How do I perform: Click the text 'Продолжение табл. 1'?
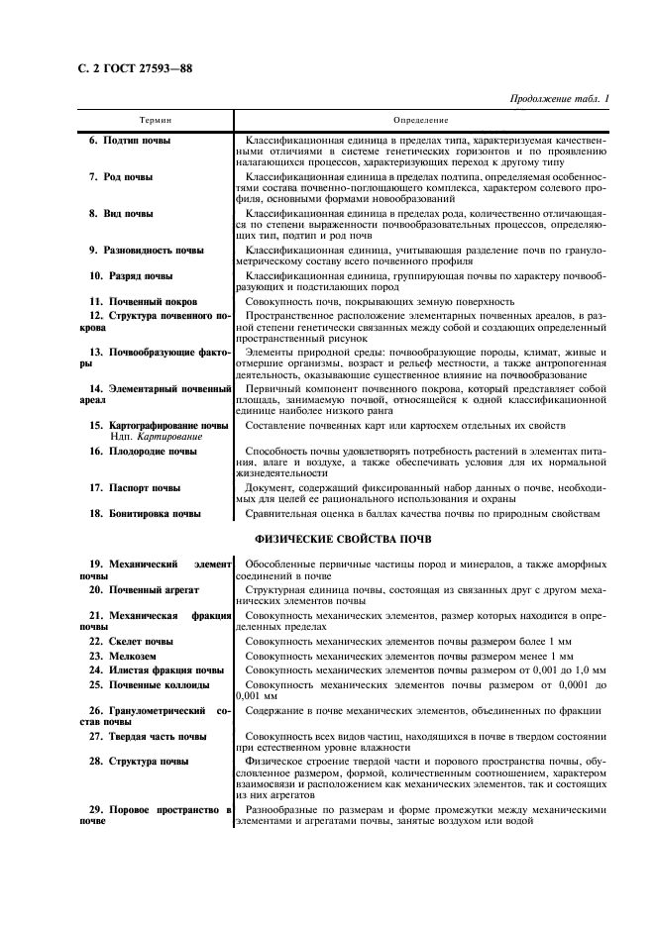pyautogui.click(x=559, y=99)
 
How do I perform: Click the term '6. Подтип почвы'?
pyautogui.click(x=130, y=141)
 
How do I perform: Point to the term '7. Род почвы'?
pyautogui.click(x=121, y=176)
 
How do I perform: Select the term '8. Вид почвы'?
pyautogui.click(x=121, y=213)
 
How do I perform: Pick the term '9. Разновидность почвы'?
pyautogui.click(x=147, y=250)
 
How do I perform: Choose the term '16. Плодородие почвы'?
pyautogui.click(x=143, y=451)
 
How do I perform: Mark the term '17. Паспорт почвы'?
pyautogui.click(x=135, y=487)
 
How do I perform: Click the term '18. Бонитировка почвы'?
pyautogui.click(x=145, y=513)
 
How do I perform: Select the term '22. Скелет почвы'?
pyautogui.click(x=131, y=641)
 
